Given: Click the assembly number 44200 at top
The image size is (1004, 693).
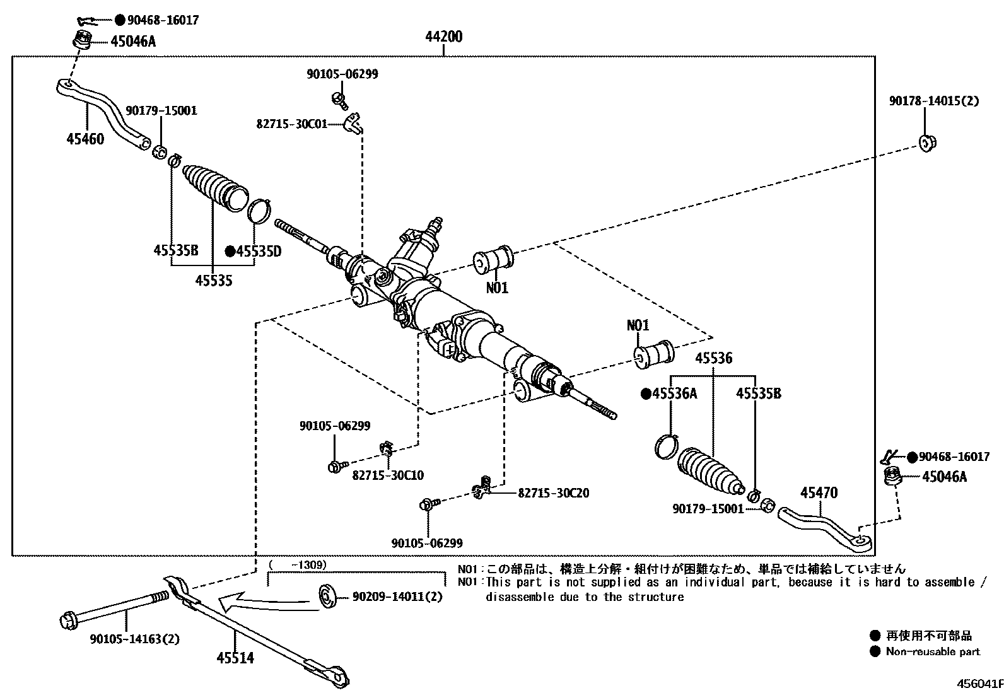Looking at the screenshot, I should (x=443, y=37).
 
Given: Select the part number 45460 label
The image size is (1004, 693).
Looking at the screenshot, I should (x=85, y=138).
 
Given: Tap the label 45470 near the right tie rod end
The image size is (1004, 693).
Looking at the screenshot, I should (x=819, y=492).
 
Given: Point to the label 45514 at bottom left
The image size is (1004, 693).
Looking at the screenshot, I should (x=235, y=658).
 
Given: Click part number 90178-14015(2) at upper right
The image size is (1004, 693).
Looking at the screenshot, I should (x=934, y=101).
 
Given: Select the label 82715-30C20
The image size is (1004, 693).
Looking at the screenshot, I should (x=553, y=492).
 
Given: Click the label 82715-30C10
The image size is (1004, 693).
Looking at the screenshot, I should (x=388, y=475).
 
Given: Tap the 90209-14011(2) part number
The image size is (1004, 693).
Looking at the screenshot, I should (x=397, y=596).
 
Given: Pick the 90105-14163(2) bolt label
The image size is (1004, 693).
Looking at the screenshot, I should (x=134, y=639).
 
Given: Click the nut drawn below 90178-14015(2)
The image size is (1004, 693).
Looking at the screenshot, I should (x=927, y=143).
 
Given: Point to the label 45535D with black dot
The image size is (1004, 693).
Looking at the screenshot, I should (x=254, y=252).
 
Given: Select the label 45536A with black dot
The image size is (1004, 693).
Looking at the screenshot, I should (x=669, y=394).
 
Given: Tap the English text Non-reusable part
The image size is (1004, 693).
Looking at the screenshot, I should (x=933, y=652).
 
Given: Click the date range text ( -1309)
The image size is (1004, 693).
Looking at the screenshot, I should (x=297, y=564).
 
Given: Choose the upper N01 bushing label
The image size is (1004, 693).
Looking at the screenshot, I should (x=496, y=288).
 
